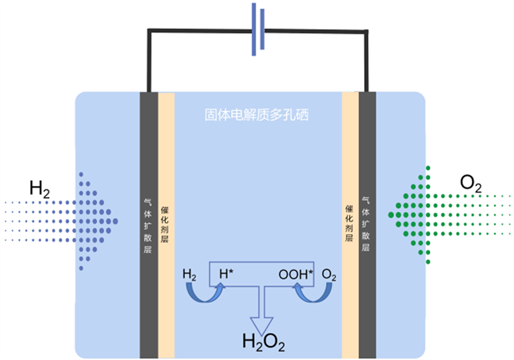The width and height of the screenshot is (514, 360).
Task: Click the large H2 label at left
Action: pyautogui.click(x=39, y=189)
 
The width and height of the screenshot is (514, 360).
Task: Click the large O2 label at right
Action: pyautogui.click(x=471, y=184)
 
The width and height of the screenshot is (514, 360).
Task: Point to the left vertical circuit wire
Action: pyautogui.click(x=149, y=60)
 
